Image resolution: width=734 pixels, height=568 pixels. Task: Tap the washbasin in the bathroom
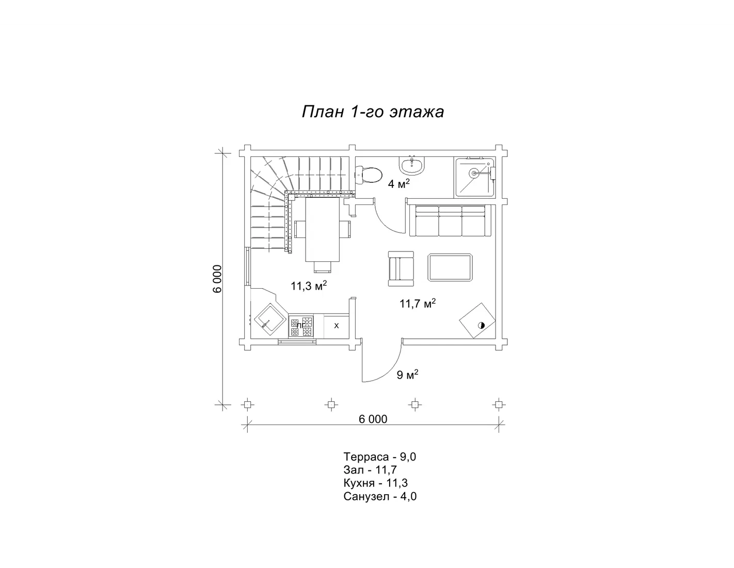point(412,166)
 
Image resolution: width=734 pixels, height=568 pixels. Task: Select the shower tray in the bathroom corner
point(475,177)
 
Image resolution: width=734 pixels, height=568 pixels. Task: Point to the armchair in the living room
point(401,269)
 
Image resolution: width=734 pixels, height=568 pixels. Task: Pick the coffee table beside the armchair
point(450,267)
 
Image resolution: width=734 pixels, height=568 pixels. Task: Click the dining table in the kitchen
point(322,229)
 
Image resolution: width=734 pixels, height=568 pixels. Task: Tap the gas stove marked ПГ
point(301,326)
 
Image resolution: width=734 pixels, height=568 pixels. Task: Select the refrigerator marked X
point(337,326)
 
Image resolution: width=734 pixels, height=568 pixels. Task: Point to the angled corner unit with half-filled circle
point(477,320)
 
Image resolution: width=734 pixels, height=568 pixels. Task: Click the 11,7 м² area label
point(418,303)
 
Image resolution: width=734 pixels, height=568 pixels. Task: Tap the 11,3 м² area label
point(309,286)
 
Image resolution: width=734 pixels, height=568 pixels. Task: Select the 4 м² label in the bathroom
point(399,184)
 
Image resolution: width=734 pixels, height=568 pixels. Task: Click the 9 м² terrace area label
point(408,374)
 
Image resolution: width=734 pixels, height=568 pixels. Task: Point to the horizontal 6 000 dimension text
point(373,419)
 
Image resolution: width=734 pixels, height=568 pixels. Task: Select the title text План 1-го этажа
point(373,112)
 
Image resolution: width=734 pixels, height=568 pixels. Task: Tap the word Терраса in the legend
point(366,457)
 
